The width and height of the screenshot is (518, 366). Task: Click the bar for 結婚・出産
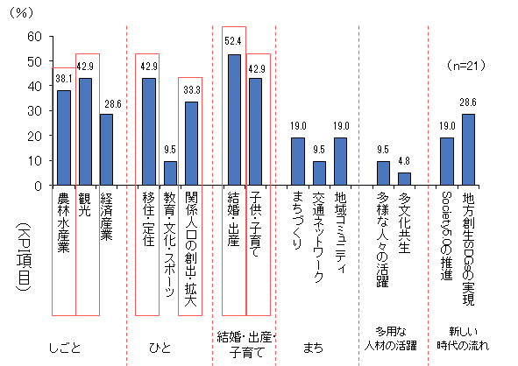pyautogui.click(x=234, y=120)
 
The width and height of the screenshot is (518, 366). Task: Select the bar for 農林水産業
pyautogui.click(x=64, y=137)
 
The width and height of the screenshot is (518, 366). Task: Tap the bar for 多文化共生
pyautogui.click(x=404, y=179)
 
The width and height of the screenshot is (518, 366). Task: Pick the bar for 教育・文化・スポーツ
pyautogui.click(x=170, y=172)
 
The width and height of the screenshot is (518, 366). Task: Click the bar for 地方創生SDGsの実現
pyautogui.click(x=468, y=150)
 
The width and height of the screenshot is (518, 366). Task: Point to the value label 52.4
pyautogui.click(x=234, y=40)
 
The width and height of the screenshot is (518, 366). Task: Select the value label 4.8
pyautogui.click(x=404, y=160)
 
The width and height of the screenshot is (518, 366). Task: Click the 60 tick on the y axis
pyautogui.click(x=35, y=36)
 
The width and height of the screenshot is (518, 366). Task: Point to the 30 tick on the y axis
pyautogui.click(x=35, y=110)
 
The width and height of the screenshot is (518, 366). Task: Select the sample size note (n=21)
pyautogui.click(x=470, y=65)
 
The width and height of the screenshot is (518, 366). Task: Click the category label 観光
pyautogui.click(x=86, y=203)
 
